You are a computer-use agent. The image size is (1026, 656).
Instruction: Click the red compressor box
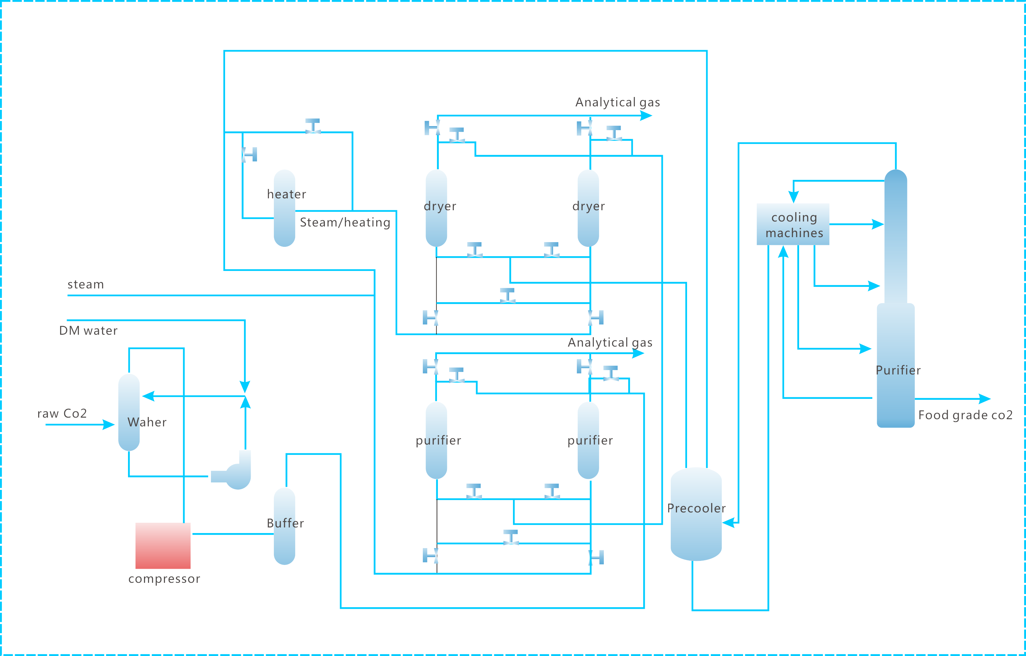click(163, 546)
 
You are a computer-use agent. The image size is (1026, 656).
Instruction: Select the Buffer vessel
click(284, 526)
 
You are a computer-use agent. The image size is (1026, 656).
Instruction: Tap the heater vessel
click(284, 208)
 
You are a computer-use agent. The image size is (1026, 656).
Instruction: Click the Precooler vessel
click(696, 514)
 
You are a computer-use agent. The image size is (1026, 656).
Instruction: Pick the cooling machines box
click(793, 224)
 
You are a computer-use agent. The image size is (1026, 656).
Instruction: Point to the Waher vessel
click(129, 412)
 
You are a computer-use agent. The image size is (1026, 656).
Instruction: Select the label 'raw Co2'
click(62, 413)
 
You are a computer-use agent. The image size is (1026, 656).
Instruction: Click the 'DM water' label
click(88, 331)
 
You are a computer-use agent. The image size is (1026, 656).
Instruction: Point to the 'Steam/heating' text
click(345, 222)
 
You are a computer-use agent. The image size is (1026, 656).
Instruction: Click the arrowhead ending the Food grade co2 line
click(985, 399)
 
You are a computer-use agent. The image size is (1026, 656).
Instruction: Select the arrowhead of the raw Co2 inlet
click(109, 425)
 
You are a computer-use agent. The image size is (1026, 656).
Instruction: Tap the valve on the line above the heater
click(313, 126)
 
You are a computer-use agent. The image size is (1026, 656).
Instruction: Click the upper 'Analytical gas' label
click(618, 102)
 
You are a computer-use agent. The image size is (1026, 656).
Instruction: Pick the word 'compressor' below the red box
click(164, 579)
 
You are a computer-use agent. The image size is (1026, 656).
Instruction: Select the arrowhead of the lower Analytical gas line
click(638, 353)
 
